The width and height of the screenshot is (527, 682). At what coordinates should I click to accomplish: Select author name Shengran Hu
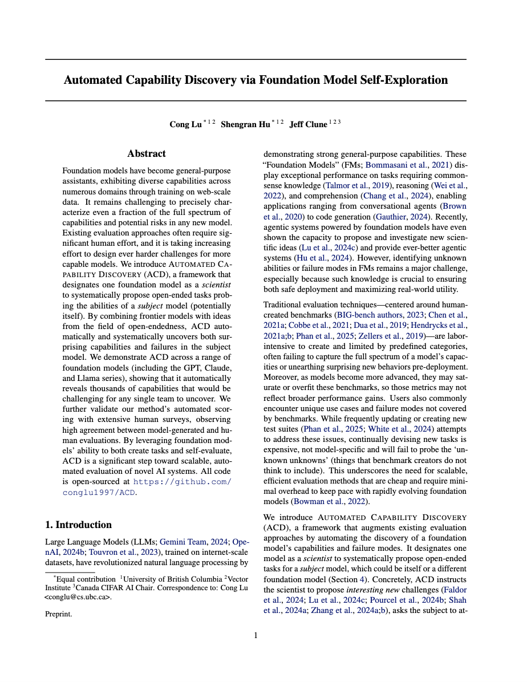(245, 125)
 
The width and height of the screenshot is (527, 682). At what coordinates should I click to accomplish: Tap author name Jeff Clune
(308, 125)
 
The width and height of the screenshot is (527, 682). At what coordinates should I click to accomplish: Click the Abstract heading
(147, 153)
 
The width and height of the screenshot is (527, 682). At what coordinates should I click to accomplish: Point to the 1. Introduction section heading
(78, 525)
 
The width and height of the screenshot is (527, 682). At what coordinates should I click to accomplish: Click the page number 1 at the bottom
(256, 635)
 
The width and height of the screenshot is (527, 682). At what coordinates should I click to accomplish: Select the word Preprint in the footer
(58, 614)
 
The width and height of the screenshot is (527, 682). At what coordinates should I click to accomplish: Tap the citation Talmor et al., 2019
(358, 185)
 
